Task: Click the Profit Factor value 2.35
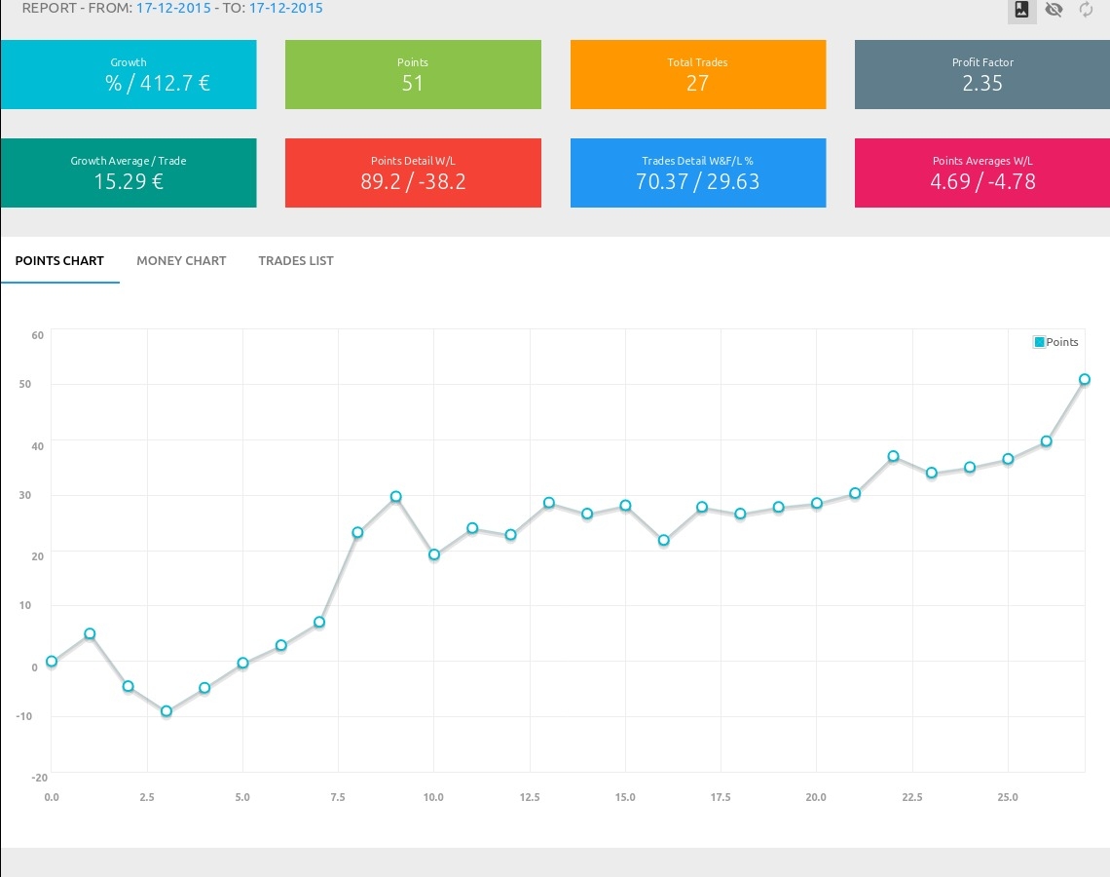click(x=982, y=84)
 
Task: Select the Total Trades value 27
click(x=697, y=84)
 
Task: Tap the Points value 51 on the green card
click(x=413, y=84)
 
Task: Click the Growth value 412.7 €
click(x=158, y=84)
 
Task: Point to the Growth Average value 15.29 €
click(x=129, y=182)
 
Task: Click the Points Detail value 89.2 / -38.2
click(x=413, y=182)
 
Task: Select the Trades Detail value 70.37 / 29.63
click(x=697, y=182)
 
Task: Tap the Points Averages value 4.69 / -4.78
click(x=982, y=182)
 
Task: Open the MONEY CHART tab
click(x=181, y=261)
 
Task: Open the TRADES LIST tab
click(x=296, y=261)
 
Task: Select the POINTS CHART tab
click(x=59, y=261)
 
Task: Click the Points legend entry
click(x=1056, y=342)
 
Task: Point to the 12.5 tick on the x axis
click(x=530, y=797)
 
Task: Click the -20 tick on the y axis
click(x=40, y=778)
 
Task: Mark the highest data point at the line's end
click(x=1085, y=380)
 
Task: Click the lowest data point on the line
click(x=166, y=711)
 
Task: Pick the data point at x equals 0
click(x=52, y=662)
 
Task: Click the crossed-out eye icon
click(x=1054, y=10)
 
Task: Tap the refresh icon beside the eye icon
click(x=1086, y=10)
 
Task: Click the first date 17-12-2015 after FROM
click(x=173, y=9)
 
